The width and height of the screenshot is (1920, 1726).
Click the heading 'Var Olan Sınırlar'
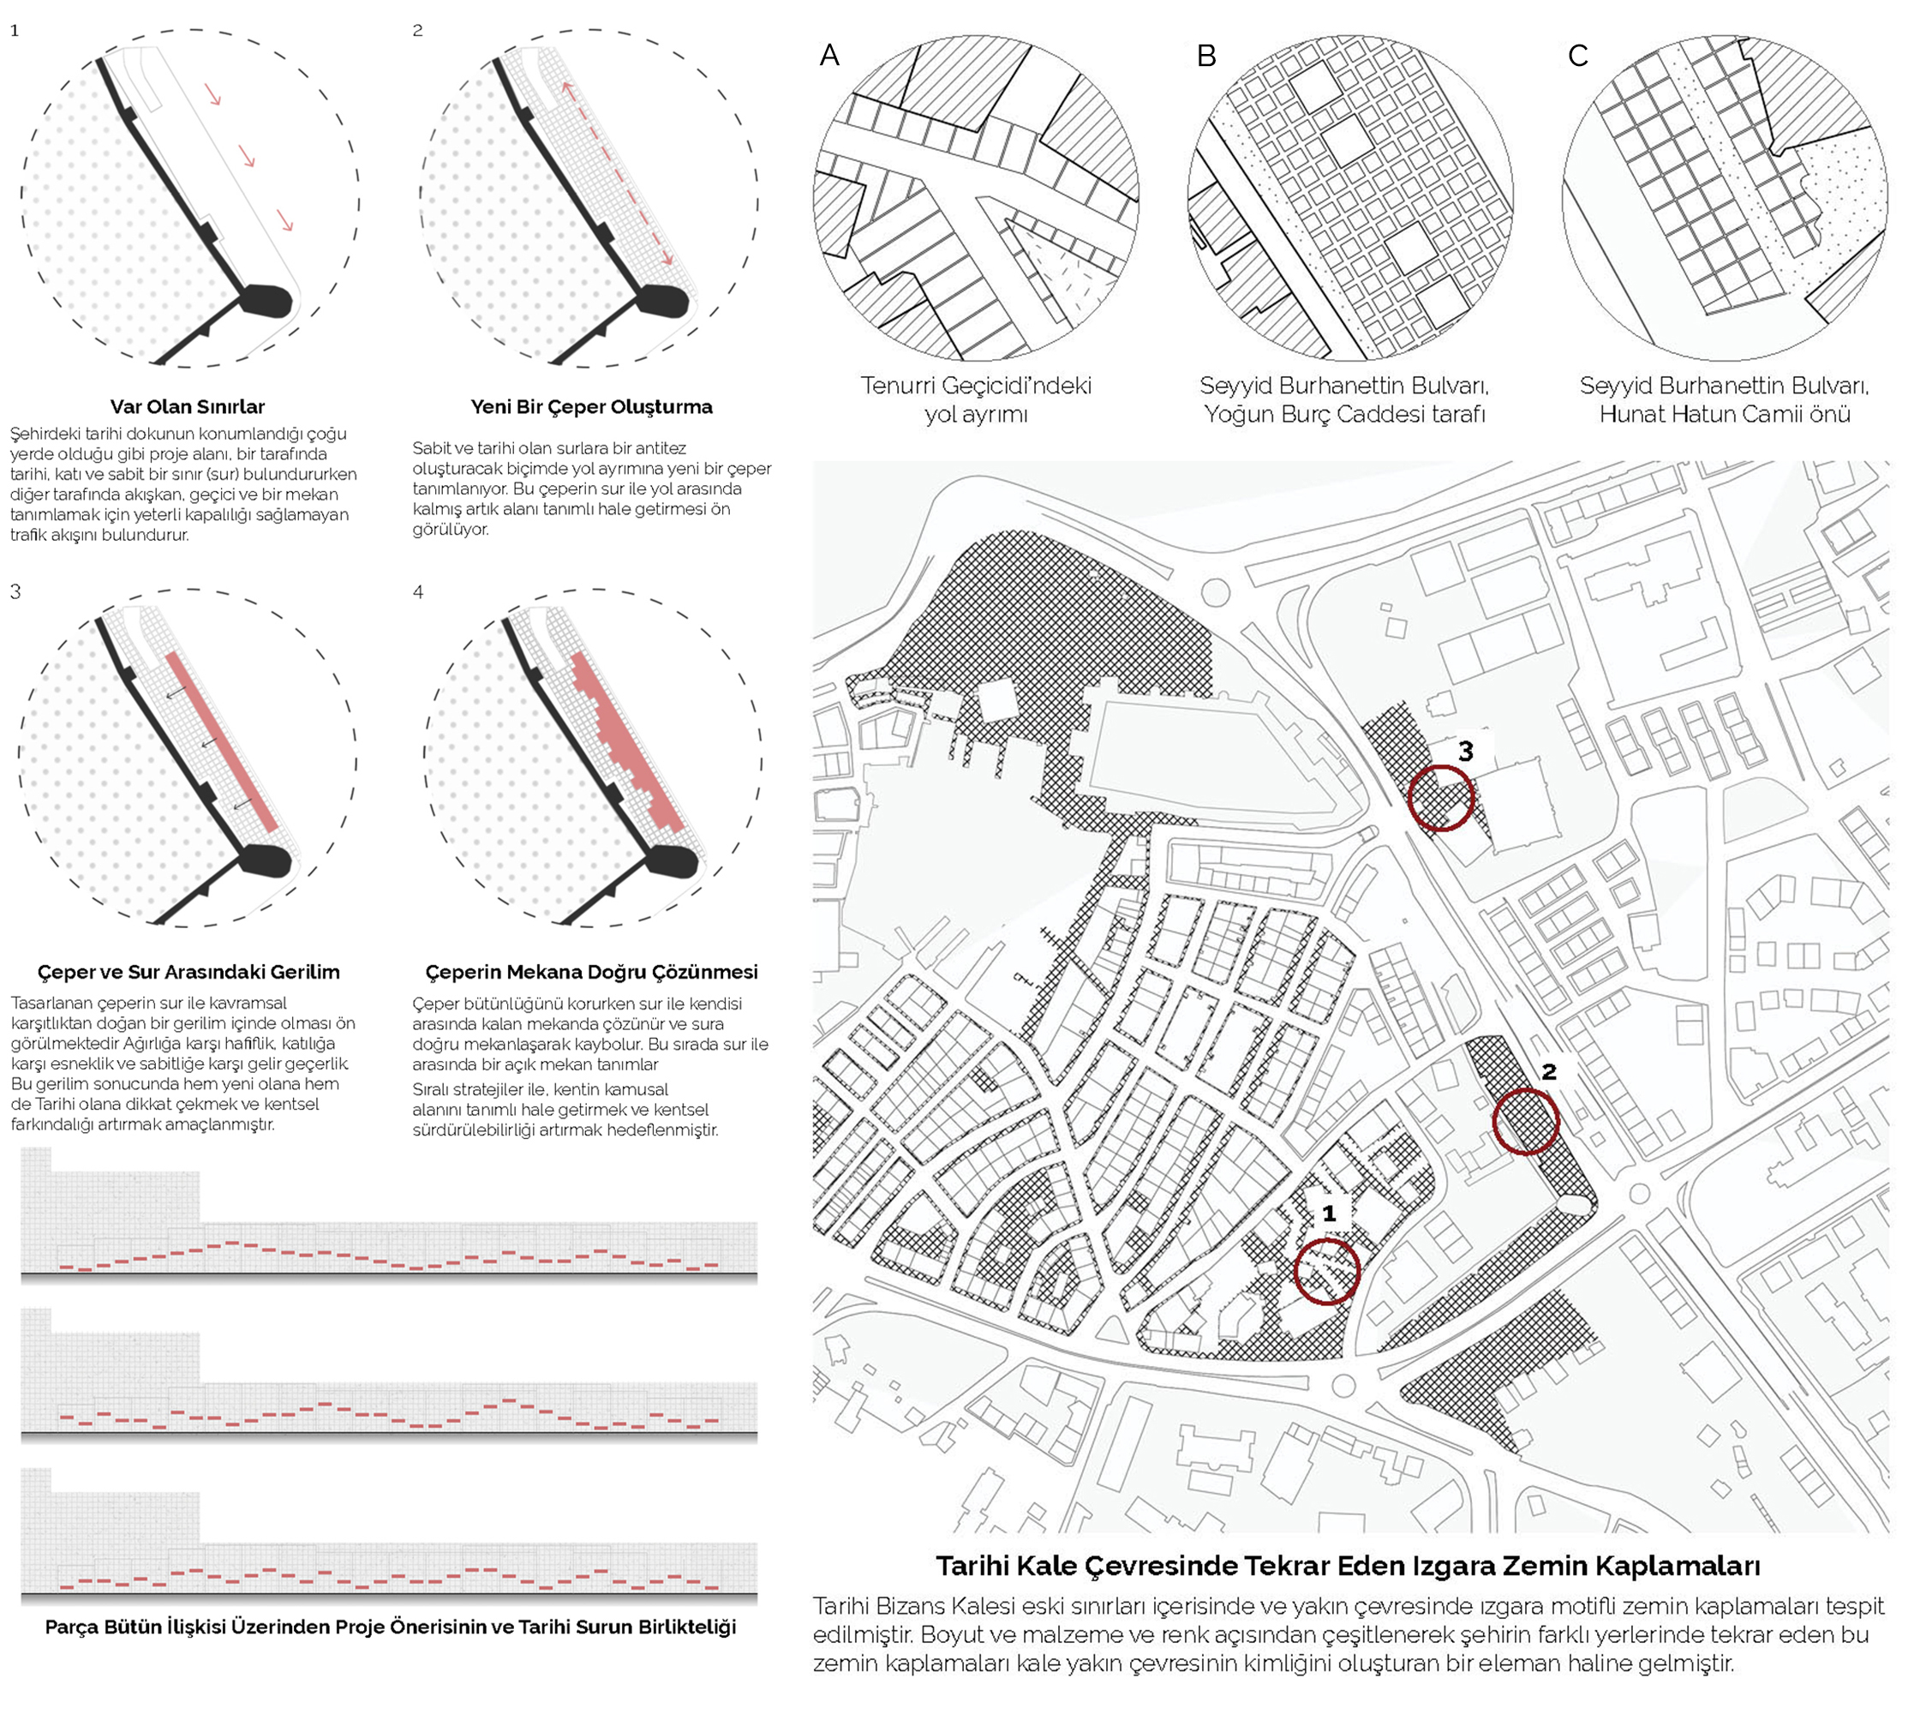(x=187, y=407)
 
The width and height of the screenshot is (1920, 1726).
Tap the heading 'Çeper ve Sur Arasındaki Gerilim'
(x=188, y=972)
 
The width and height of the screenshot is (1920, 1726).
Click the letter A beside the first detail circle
(x=829, y=56)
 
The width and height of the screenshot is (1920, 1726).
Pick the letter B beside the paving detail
(x=1206, y=56)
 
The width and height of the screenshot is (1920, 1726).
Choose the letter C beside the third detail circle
(x=1577, y=56)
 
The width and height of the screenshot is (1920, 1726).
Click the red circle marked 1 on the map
(x=1327, y=1272)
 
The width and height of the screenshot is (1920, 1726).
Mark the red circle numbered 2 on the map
(x=1526, y=1122)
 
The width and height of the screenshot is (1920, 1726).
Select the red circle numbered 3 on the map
(x=1440, y=799)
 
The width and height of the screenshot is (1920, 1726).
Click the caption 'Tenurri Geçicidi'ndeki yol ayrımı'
(x=976, y=399)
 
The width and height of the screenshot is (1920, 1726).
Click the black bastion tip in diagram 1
(x=267, y=301)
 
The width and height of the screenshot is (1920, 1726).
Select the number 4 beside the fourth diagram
(x=418, y=592)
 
